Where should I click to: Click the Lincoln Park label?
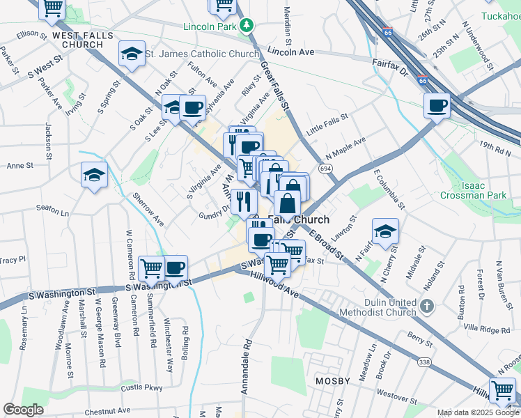pyautogui.click(x=210, y=27)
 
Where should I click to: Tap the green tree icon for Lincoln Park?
pyautogui.click(x=245, y=26)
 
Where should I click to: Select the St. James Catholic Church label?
pyautogui.click(x=202, y=54)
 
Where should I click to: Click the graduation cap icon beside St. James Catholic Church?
pyautogui.click(x=130, y=54)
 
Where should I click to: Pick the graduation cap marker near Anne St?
pyautogui.click(x=93, y=174)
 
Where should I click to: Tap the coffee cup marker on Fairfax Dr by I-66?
pyautogui.click(x=437, y=105)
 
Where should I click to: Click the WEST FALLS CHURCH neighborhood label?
pyautogui.click(x=72, y=39)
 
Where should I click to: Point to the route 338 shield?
pyautogui.click(x=424, y=362)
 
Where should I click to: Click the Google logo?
pyautogui.click(x=23, y=410)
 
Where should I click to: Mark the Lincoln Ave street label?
pyautogui.click(x=291, y=52)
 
